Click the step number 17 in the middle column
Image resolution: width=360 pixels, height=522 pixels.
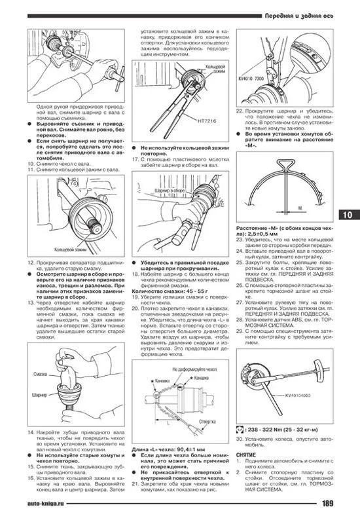click(135, 158)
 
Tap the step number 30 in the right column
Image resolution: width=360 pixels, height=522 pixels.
click(238, 436)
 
